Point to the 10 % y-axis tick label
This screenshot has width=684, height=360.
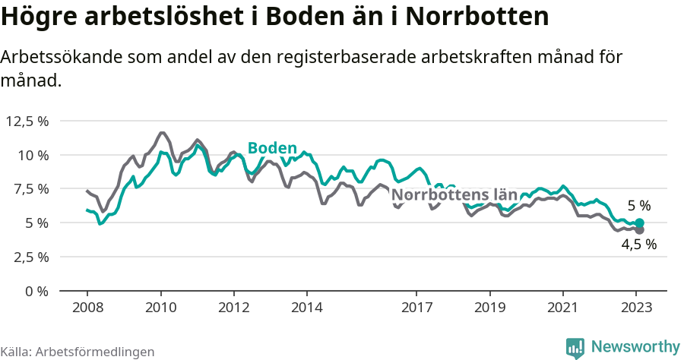pyautogui.click(x=33, y=155)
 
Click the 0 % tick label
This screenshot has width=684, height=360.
pyautogui.click(x=37, y=291)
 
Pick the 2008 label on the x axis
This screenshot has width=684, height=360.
pyautogui.click(x=87, y=308)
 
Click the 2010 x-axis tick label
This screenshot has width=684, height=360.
pyautogui.click(x=160, y=308)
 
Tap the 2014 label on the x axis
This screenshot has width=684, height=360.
pyautogui.click(x=306, y=308)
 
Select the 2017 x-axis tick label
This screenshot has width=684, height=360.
pyautogui.click(x=416, y=308)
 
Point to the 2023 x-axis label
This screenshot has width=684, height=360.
pyautogui.click(x=636, y=308)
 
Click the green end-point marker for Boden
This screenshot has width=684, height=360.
pyautogui.click(x=639, y=223)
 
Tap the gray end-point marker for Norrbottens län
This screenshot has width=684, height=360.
pyautogui.click(x=639, y=229)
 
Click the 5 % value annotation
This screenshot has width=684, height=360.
pyautogui.click(x=639, y=206)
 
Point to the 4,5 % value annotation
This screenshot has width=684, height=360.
pyautogui.click(x=638, y=245)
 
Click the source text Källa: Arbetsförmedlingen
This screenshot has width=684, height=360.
pyautogui.click(x=78, y=352)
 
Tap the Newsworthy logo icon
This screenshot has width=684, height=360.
pyautogui.click(x=575, y=347)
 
